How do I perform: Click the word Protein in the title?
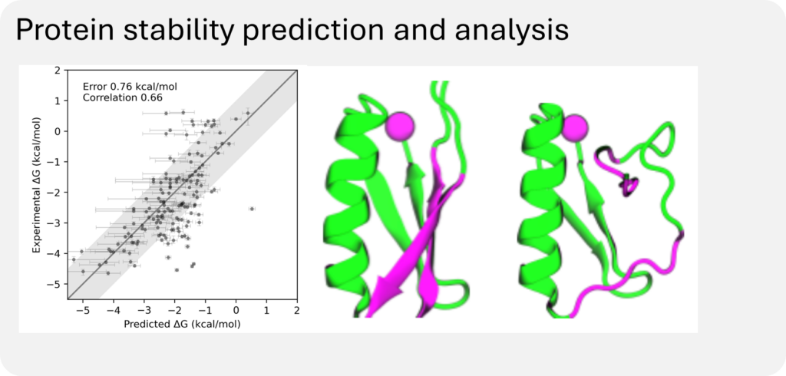(64, 31)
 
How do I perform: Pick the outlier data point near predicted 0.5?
(251, 209)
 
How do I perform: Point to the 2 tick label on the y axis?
(57, 71)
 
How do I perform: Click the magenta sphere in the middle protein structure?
(401, 124)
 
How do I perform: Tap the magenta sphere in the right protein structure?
(576, 126)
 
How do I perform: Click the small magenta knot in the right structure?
(630, 185)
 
